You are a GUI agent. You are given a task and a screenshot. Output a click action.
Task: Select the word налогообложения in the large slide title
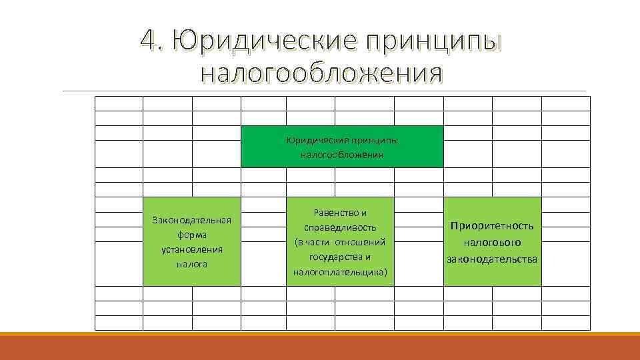(x=321, y=71)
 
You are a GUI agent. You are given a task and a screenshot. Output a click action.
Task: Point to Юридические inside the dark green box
(x=314, y=141)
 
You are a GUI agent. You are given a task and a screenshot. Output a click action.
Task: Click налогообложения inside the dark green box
(x=341, y=155)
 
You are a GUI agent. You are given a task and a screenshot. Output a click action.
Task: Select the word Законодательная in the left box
(x=191, y=220)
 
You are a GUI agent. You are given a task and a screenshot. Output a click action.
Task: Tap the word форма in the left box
(x=191, y=235)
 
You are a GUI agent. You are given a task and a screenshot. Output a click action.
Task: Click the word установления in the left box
(x=191, y=249)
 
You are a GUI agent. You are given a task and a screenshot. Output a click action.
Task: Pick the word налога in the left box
(x=191, y=264)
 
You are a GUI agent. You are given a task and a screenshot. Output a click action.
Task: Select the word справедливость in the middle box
(x=341, y=227)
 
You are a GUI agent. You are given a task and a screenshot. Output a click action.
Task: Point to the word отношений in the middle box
(x=365, y=242)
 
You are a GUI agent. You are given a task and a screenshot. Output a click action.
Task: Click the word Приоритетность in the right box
(x=492, y=226)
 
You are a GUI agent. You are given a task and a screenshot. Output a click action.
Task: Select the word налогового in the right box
(x=492, y=243)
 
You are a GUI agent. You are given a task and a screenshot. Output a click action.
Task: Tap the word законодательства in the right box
(x=492, y=259)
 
